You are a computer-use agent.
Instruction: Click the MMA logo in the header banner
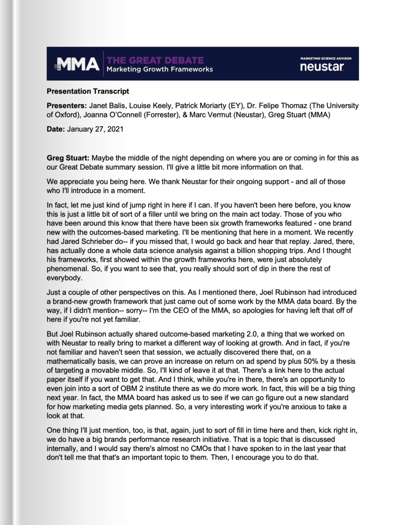coord(77,63)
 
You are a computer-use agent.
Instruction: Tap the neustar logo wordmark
coord(322,66)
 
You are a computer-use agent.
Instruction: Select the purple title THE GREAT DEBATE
coord(155,60)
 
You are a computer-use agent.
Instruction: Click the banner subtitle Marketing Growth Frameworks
coord(159,69)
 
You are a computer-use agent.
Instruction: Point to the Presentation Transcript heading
coord(88,91)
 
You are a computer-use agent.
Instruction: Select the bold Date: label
coord(56,130)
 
